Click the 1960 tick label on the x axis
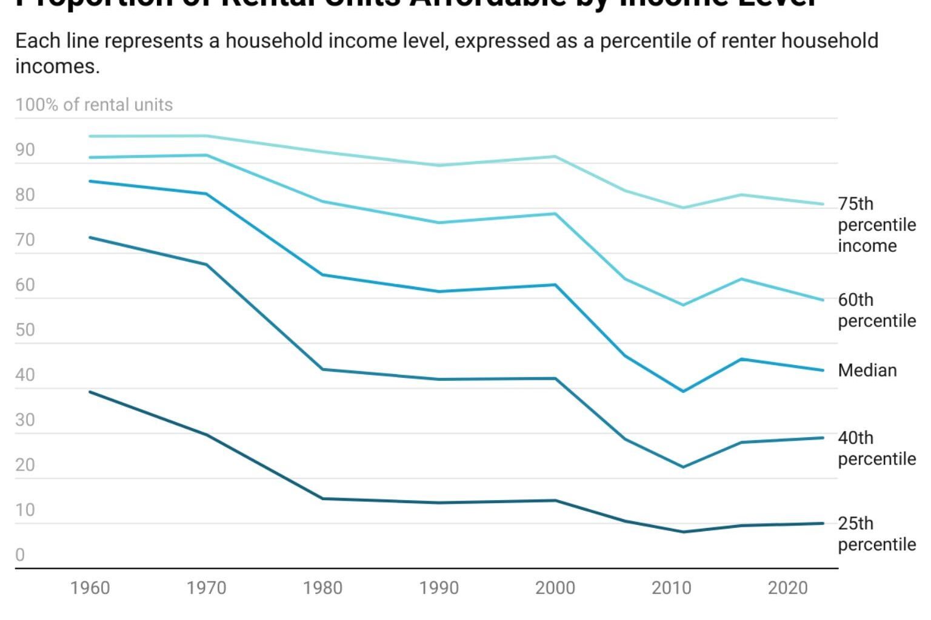point(90,587)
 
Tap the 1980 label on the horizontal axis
point(322,587)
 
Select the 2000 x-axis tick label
point(555,587)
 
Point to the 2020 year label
point(788,587)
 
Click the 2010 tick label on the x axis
point(672,587)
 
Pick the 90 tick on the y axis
point(25,150)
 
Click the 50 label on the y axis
point(25,330)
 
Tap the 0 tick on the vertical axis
point(20,555)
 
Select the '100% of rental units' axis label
point(94,105)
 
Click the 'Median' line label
point(867,370)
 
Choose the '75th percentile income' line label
point(876,225)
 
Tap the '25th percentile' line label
point(876,533)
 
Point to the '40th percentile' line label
point(876,448)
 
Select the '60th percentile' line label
point(876,310)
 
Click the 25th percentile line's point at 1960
point(90,392)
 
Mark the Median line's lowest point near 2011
point(684,391)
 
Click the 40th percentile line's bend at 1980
point(322,369)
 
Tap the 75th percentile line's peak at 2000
point(555,157)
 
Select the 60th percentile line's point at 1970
point(207,156)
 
